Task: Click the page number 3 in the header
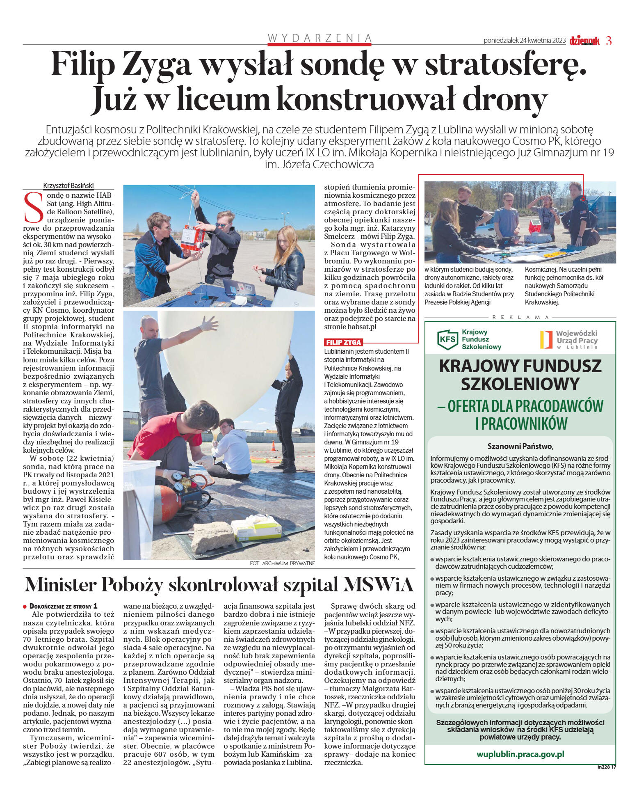pos(609,41)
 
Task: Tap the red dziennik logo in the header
pos(584,41)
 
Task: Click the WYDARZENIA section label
pos(319,38)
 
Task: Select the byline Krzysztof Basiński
pos(68,185)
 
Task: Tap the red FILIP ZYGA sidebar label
pos(343,342)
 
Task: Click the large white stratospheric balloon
pos(226,361)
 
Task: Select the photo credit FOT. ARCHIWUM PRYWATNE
pos(282,563)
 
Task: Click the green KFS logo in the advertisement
pos(447,340)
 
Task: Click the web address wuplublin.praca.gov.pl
pos(520,754)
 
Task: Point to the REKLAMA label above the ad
pos(520,317)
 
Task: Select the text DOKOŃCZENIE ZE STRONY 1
pos(63,606)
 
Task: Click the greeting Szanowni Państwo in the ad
pos(520,446)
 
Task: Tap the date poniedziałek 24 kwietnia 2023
pos(524,41)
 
